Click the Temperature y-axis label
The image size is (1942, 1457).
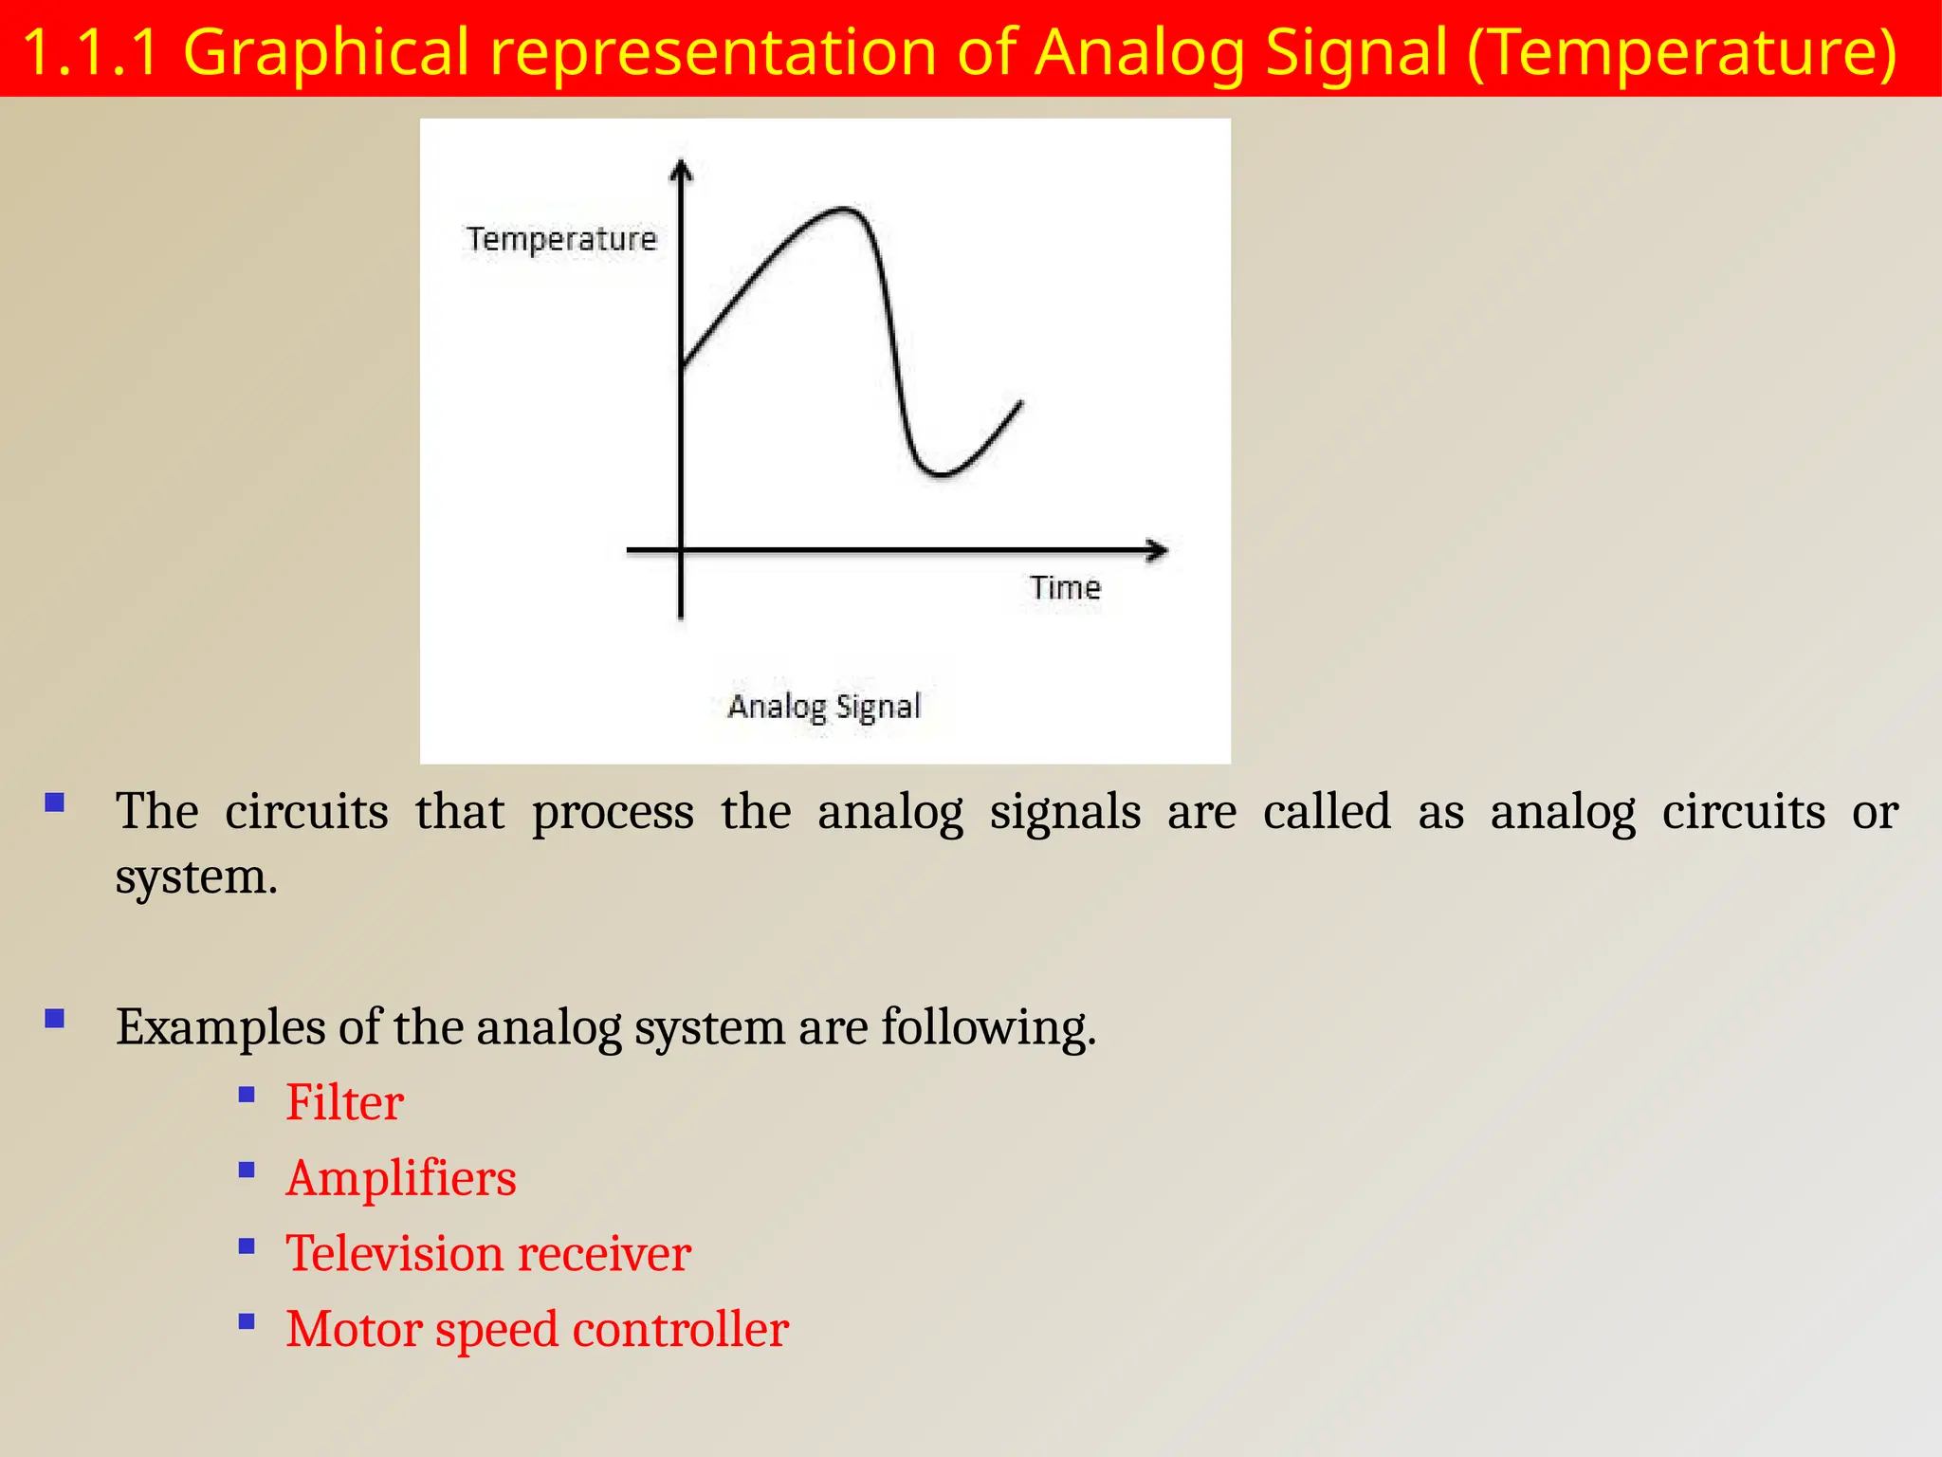tap(560, 239)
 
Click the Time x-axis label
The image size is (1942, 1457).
tap(1065, 588)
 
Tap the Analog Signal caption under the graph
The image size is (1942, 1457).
tap(824, 707)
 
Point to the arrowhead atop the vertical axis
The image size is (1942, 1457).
tap(681, 171)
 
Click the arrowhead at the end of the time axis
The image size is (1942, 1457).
tap(1158, 550)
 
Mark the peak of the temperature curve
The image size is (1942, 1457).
tap(843, 209)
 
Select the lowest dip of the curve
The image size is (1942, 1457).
tap(941, 472)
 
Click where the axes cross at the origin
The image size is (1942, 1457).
tap(681, 550)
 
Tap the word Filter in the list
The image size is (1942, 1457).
tap(345, 1102)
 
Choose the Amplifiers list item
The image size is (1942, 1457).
tap(401, 1178)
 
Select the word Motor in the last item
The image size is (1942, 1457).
tap(354, 1329)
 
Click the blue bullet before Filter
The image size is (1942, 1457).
tap(247, 1095)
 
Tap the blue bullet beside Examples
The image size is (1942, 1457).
tap(55, 1019)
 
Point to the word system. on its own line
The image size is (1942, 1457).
tap(196, 876)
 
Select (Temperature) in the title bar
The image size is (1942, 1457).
tap(1682, 51)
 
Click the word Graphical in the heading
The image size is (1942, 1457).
tap(326, 51)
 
